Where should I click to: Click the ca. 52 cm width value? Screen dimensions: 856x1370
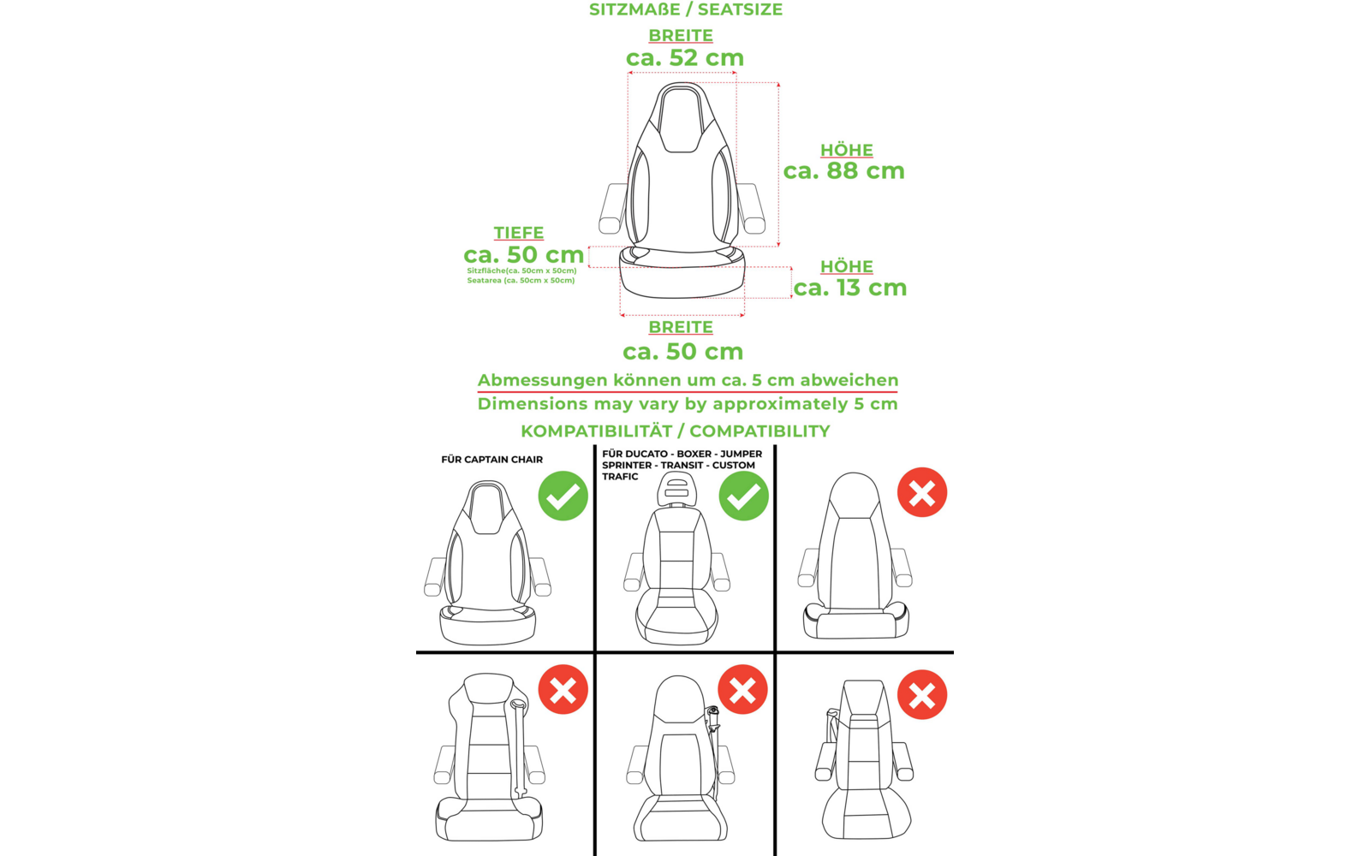(684, 58)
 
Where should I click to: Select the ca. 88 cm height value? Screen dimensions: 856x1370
(843, 171)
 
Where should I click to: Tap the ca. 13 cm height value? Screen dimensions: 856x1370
(849, 288)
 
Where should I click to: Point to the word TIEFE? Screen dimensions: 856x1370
(518, 233)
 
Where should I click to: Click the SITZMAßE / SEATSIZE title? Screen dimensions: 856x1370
(685, 10)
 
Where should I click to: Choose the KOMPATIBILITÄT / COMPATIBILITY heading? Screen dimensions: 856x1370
(675, 431)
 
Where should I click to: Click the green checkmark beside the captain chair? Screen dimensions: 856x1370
(563, 496)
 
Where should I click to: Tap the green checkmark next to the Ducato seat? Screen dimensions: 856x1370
(743, 496)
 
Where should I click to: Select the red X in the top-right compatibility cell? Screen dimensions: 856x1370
(921, 492)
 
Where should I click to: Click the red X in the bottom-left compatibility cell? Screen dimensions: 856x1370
(563, 689)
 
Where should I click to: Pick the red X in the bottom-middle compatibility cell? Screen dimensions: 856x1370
(742, 689)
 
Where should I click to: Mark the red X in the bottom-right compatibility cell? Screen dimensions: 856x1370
(921, 694)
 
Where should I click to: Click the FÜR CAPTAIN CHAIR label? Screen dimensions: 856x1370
(491, 460)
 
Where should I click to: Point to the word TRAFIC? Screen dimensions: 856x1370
(620, 477)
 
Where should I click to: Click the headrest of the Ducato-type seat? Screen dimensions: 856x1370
(676, 489)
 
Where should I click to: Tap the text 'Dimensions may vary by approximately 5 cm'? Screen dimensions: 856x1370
(688, 404)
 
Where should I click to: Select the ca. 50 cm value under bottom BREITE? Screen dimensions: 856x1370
(682, 351)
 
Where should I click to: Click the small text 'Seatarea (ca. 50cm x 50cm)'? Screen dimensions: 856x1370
(521, 281)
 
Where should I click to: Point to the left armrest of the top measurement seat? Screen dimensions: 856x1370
(612, 208)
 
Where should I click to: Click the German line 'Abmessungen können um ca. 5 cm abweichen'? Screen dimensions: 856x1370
(688, 380)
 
